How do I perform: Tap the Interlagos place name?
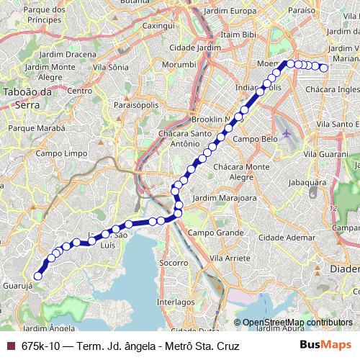point(176,303)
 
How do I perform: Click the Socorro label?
point(173,263)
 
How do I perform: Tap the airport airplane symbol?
point(289,133)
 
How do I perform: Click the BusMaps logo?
point(325,345)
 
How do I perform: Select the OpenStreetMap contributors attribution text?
point(297,322)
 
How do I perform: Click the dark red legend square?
point(9,346)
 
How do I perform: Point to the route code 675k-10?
point(42,346)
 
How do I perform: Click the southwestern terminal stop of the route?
point(38,275)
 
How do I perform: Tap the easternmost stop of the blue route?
point(324,68)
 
